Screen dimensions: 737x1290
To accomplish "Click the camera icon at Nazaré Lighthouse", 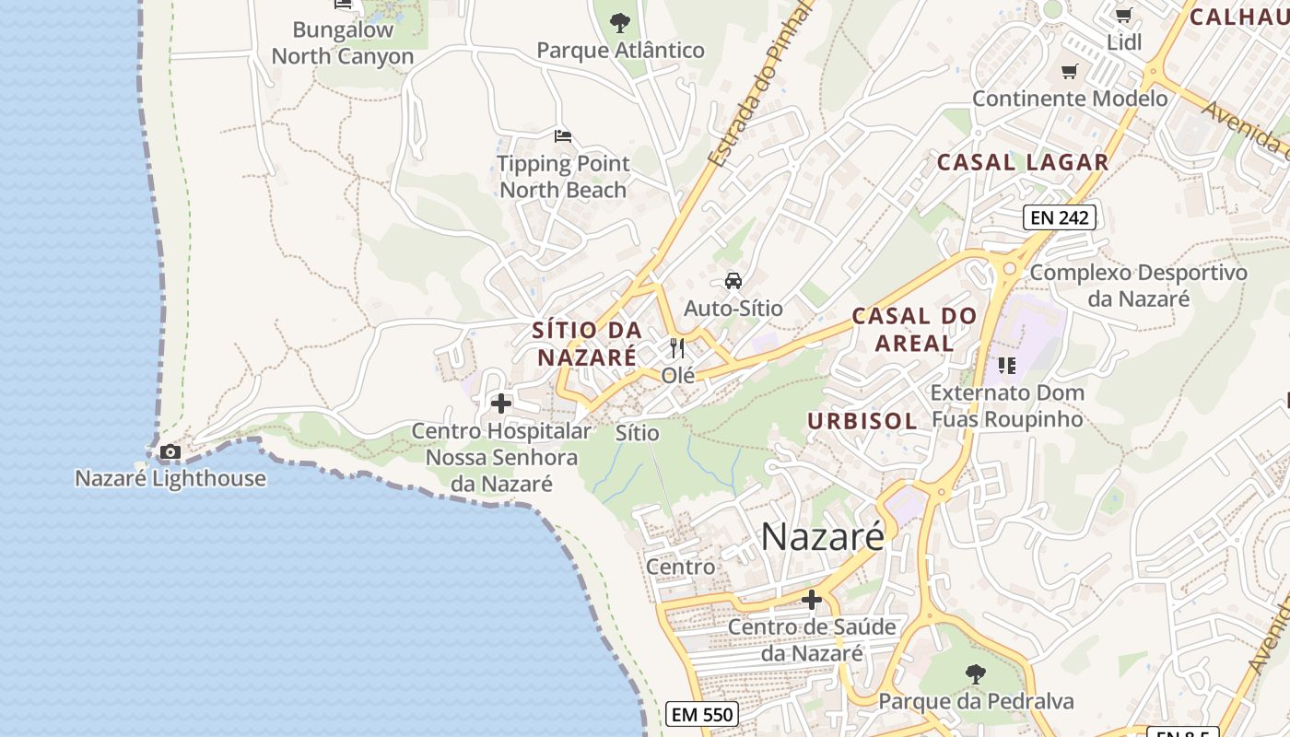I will pyautogui.click(x=170, y=451).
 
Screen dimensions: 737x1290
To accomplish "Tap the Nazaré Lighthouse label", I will pyautogui.click(x=170, y=478).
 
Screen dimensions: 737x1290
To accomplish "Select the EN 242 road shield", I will pyautogui.click(x=1059, y=217).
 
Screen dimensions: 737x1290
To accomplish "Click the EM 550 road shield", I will pyautogui.click(x=702, y=714).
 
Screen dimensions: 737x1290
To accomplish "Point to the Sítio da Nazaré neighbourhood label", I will pyautogui.click(x=587, y=344).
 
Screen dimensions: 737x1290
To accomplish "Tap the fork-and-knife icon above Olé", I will pyautogui.click(x=678, y=348).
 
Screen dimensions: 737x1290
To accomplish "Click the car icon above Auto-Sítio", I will pyautogui.click(x=733, y=280).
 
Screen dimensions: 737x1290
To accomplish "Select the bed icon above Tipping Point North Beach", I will pyautogui.click(x=563, y=136).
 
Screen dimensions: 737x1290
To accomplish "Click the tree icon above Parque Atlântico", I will pyautogui.click(x=620, y=22).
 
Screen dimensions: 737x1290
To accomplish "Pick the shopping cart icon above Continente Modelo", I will pyautogui.click(x=1070, y=71).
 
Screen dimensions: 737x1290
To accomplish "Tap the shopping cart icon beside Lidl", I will pyautogui.click(x=1123, y=15).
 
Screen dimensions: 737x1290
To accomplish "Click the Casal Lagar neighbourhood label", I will pyautogui.click(x=1023, y=162).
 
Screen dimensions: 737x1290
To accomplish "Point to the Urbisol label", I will pyautogui.click(x=862, y=421).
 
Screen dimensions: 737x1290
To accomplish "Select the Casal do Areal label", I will pyautogui.click(x=914, y=329).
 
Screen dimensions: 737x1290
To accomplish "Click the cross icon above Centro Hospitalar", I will pyautogui.click(x=501, y=404).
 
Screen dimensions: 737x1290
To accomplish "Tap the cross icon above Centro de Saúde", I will pyautogui.click(x=812, y=600).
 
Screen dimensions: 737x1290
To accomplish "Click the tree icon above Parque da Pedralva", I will pyautogui.click(x=976, y=674).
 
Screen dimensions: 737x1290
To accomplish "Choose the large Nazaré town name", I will pyautogui.click(x=822, y=536).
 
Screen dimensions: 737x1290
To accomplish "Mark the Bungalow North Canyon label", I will pyautogui.click(x=343, y=42).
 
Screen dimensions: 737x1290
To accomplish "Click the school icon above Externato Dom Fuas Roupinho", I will pyautogui.click(x=1006, y=366).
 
